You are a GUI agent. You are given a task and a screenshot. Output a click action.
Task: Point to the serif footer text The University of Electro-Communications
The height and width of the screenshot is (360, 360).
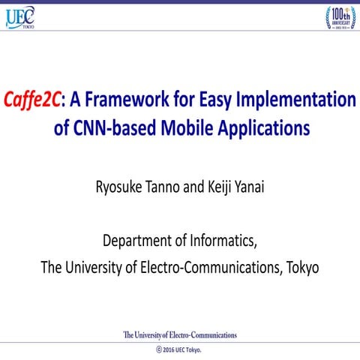(x=180, y=334)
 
